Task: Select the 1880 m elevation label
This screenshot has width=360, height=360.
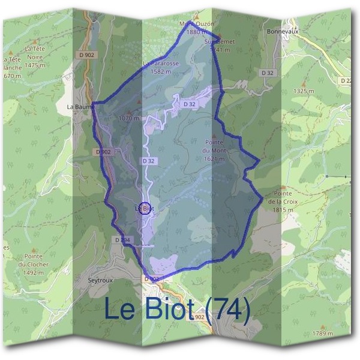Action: click(x=196, y=32)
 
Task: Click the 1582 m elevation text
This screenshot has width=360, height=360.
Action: click(x=161, y=71)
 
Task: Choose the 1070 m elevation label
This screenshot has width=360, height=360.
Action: click(x=128, y=118)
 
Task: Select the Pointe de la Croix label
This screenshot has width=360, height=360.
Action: click(x=281, y=197)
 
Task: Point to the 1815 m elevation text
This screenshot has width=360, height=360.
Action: click(x=281, y=210)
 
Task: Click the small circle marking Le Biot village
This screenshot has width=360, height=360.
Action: click(x=144, y=209)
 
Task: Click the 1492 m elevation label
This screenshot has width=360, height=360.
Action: click(x=34, y=272)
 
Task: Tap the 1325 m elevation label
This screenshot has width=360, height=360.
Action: click(x=304, y=91)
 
